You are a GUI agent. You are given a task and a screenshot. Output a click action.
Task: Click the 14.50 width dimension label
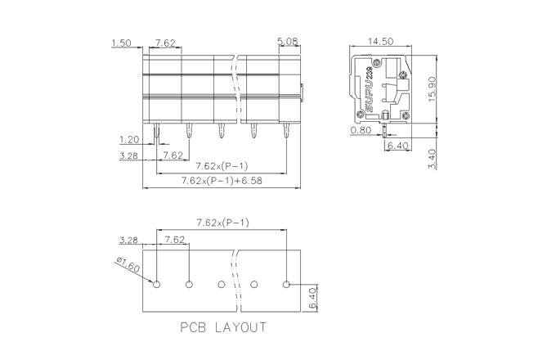[x=380, y=42]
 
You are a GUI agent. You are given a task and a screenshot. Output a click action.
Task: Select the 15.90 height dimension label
[x=433, y=89]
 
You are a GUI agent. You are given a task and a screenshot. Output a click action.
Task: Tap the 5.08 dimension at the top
[x=288, y=42]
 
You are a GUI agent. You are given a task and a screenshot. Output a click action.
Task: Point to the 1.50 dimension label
[x=121, y=43]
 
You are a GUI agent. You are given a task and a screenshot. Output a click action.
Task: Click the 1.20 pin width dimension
[x=129, y=140]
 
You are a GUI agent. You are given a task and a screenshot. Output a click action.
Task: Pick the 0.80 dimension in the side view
[x=361, y=131]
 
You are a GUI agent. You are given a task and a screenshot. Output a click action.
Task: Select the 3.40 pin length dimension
[x=433, y=160]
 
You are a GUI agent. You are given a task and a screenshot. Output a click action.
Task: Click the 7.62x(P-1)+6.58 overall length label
[x=222, y=181]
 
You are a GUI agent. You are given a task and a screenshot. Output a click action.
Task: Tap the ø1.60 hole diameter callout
[x=128, y=264]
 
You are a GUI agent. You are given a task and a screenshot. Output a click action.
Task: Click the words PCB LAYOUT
[x=223, y=327]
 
